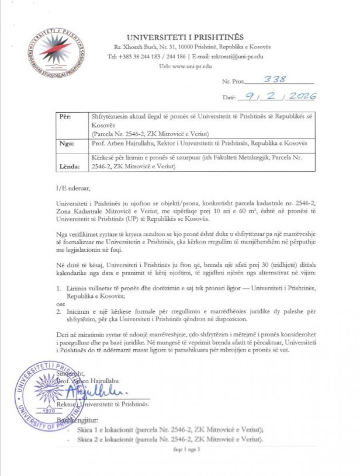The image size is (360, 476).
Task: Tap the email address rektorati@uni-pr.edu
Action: pos(229,57)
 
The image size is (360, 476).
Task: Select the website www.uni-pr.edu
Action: pos(192,66)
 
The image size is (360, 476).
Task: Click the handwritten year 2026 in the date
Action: pos(298,96)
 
